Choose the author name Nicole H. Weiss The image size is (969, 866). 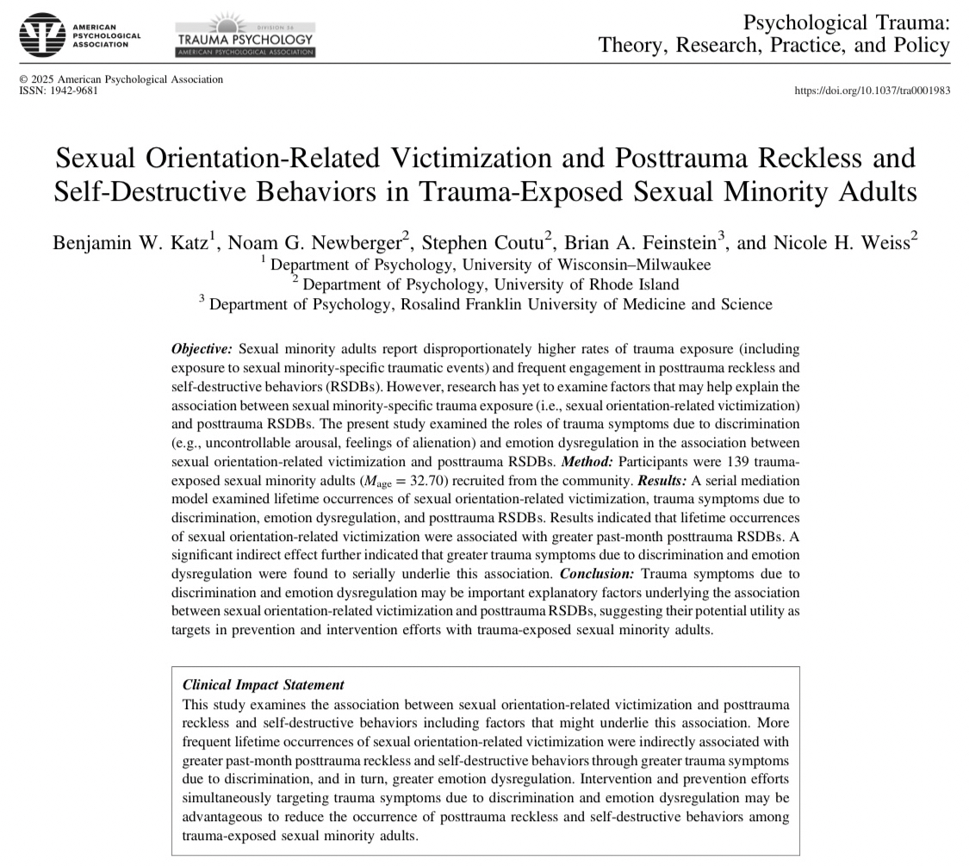point(828,243)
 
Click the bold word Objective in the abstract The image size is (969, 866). point(202,349)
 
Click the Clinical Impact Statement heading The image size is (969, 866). point(264,685)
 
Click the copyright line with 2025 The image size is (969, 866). point(121,79)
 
